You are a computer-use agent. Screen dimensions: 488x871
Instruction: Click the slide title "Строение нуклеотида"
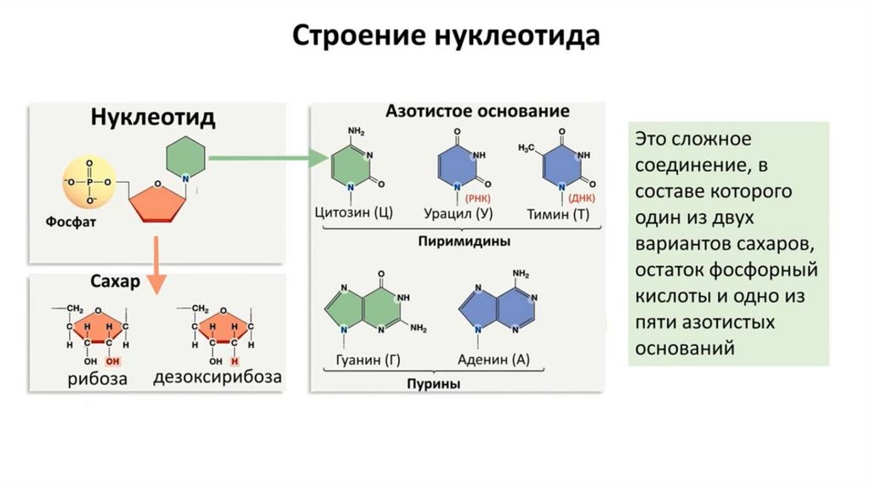(x=447, y=37)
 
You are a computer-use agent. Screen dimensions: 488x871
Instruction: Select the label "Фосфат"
(x=72, y=221)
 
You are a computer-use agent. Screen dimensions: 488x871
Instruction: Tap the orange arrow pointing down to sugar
(x=155, y=264)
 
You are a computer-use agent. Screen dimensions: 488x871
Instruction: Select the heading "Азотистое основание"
(x=465, y=111)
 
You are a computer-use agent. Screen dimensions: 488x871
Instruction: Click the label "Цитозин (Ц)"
(x=353, y=213)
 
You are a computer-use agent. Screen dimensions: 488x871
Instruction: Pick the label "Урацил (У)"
(x=460, y=213)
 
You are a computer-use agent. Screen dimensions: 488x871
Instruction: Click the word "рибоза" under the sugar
(x=98, y=378)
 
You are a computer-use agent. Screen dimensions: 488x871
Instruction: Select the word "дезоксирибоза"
(x=217, y=377)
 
